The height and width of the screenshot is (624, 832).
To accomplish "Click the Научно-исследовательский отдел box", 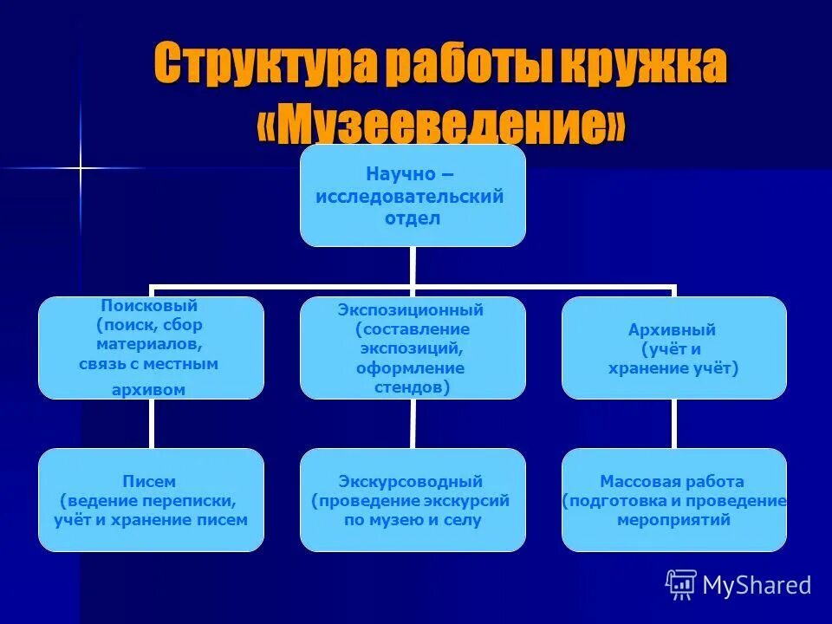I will (413, 196).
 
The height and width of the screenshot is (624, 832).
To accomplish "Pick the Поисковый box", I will (151, 348).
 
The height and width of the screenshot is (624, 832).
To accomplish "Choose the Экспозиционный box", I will (413, 348).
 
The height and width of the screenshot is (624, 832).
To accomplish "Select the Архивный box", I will (674, 348).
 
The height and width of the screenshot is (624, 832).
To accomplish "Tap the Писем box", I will (151, 500).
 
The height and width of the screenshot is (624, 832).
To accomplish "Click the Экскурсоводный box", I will (413, 500).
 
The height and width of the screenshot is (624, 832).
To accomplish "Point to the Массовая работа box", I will (674, 500).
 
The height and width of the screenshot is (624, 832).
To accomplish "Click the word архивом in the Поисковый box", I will (149, 390).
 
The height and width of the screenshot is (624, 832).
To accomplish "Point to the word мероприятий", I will (673, 520).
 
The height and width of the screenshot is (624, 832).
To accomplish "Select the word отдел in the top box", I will (413, 218).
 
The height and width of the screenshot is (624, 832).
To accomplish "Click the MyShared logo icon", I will (681, 585).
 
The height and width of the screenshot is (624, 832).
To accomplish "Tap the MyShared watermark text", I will (757, 586).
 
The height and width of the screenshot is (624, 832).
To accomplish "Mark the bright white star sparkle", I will (79, 167).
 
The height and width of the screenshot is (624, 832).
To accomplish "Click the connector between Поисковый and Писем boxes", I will (151, 424).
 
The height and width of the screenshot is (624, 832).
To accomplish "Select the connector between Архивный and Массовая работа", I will (674, 424).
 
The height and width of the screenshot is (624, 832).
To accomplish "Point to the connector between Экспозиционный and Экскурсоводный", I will (413, 424).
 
